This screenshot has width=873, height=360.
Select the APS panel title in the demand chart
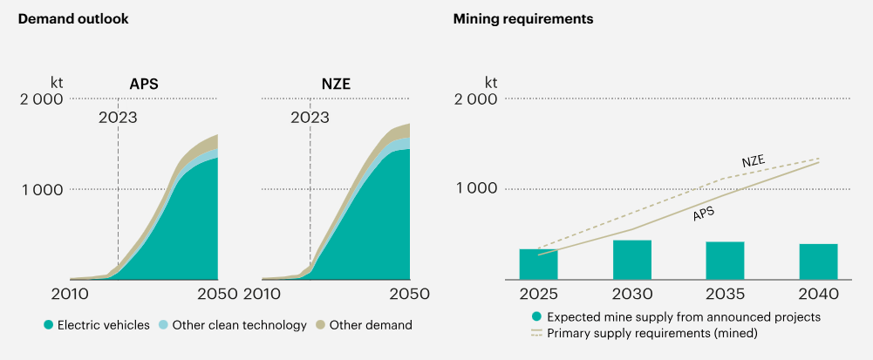pos(144,85)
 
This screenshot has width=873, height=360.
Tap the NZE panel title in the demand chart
pos(336,85)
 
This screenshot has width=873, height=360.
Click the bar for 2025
pos(538,264)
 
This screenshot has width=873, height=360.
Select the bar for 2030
pos(632,260)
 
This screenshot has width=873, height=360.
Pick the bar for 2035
pos(726,261)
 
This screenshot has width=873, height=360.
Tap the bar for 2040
pos(819,262)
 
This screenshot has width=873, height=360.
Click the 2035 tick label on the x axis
pos(726,294)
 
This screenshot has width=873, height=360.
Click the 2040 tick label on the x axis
pos(819,294)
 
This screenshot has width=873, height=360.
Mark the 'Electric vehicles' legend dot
pos(49,326)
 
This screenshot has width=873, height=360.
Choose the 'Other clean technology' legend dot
pos(164,326)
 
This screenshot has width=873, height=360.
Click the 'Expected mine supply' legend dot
pos(537,316)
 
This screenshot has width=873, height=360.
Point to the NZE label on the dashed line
pos(754,162)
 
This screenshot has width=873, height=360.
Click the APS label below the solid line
pos(704,213)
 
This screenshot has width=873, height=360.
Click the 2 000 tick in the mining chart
pos(477,98)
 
